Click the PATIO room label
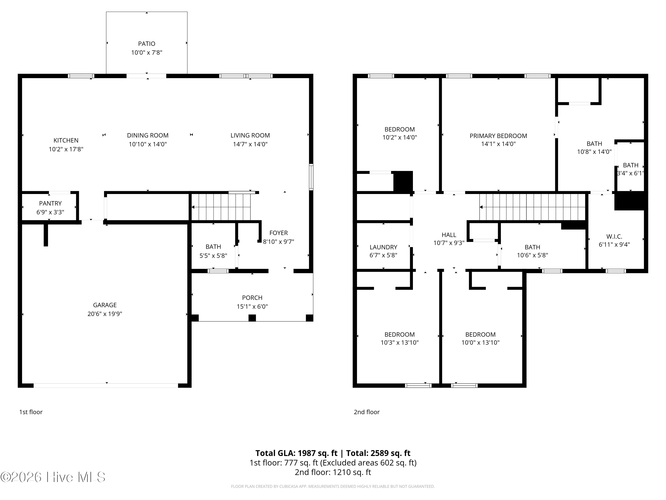(147, 44)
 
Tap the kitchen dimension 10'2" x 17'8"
(66, 149)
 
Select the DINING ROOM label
(148, 135)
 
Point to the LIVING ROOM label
(250, 135)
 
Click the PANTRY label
(50, 203)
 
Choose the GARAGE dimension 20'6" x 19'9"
(105, 314)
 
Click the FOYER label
(279, 233)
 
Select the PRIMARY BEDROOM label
(498, 136)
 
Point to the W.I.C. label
(614, 237)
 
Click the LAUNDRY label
(383, 247)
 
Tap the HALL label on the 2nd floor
(449, 235)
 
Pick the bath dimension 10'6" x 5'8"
(532, 255)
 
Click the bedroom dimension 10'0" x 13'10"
(480, 342)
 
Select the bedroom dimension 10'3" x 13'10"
(400, 342)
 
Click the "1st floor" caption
(31, 412)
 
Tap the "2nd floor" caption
(367, 412)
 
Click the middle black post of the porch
(252, 318)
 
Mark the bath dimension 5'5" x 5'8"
(213, 256)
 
